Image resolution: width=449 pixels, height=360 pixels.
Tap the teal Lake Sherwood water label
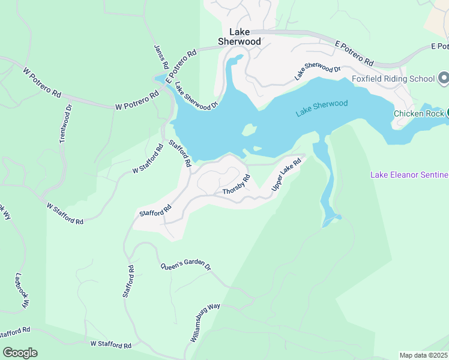[322, 108]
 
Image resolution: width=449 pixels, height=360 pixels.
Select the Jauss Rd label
[160, 56]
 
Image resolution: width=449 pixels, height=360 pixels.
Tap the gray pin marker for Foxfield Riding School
[444, 79]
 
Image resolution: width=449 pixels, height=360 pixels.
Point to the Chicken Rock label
[418, 113]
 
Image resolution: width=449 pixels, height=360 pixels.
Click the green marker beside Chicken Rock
[447, 113]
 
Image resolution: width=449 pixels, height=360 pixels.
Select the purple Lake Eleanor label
[409, 175]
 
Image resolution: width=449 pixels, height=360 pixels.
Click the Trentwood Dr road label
[65, 124]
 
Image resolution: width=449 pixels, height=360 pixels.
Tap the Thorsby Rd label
[236, 184]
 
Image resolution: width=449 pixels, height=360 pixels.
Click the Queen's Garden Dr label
[185, 265]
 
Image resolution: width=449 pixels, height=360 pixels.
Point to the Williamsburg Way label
[206, 323]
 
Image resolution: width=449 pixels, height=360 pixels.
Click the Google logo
[20, 353]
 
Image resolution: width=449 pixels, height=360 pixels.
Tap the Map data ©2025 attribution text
[423, 355]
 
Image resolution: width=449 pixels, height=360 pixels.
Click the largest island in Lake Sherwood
[249, 130]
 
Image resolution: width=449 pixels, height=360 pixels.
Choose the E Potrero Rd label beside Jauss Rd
[181, 65]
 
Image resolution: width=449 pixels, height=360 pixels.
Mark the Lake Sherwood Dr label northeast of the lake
[317, 71]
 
